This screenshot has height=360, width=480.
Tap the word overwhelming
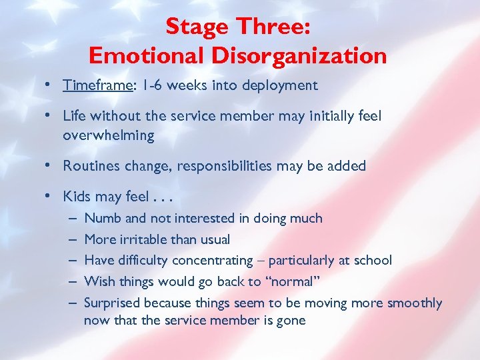(x=108, y=135)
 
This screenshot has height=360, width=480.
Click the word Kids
(x=77, y=197)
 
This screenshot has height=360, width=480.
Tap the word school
(x=372, y=260)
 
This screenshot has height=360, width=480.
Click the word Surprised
(x=112, y=303)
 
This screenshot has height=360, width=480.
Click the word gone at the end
(x=291, y=320)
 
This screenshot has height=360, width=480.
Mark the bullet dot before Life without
(x=50, y=116)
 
